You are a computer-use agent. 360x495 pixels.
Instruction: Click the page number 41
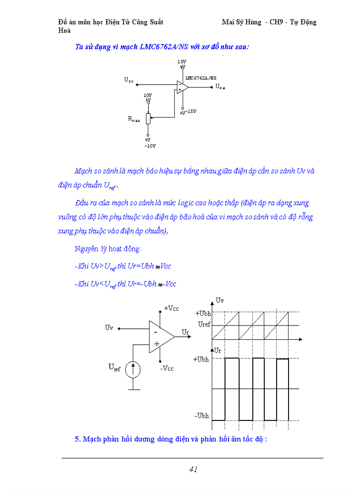tap(193, 469)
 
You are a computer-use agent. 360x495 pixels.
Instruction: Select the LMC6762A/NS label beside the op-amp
tap(201, 78)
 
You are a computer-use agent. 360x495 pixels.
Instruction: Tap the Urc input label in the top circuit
tap(128, 80)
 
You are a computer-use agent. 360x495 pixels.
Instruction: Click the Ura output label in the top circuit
tap(220, 88)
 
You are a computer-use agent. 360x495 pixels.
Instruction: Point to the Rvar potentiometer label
tap(134, 119)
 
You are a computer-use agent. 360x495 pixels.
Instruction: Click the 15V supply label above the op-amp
tap(182, 62)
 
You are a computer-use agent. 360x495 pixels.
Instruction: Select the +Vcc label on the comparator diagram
tap(171, 309)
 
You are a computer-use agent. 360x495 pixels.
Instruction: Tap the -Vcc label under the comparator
tap(167, 368)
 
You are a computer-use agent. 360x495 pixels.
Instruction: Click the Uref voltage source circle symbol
tap(133, 369)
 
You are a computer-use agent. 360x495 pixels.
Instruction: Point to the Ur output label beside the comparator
tap(185, 331)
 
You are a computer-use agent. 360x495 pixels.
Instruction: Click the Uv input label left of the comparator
tap(109, 328)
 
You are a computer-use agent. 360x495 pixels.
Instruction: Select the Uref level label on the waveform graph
tap(204, 324)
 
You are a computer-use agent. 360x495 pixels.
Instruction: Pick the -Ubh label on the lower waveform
tap(202, 416)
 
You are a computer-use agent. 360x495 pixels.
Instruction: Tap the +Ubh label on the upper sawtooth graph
tap(203, 313)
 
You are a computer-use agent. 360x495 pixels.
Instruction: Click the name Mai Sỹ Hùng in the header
tap(241, 22)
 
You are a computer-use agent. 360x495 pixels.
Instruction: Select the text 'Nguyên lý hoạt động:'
tap(108, 249)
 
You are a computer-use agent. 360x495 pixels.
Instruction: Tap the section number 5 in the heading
tap(77, 439)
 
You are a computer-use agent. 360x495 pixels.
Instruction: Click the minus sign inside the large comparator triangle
tap(156, 332)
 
